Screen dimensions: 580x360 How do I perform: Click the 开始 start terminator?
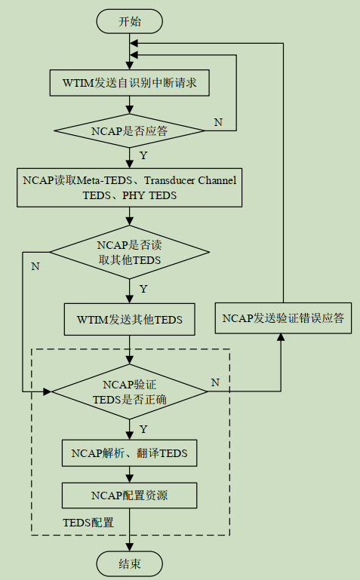130,21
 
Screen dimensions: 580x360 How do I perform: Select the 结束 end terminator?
130,562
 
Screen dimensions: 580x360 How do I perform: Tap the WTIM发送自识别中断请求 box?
130,83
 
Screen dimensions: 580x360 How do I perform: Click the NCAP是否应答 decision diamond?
130,130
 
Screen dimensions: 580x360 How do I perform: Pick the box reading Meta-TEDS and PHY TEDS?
130,187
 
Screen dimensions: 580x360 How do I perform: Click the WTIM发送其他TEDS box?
130,319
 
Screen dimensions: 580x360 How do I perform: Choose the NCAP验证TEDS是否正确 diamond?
130,391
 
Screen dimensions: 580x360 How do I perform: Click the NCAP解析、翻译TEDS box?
130,453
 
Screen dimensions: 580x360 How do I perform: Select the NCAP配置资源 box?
130,496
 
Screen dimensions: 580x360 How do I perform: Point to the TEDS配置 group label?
88,522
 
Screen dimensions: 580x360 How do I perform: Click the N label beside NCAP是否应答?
218,122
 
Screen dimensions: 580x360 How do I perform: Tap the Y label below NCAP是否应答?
143,155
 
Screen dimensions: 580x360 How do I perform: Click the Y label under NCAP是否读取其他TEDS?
143,289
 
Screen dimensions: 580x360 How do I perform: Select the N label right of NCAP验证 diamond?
215,382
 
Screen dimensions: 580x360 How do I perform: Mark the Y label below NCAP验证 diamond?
143,428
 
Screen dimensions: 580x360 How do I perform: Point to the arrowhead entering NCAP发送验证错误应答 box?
283,337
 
